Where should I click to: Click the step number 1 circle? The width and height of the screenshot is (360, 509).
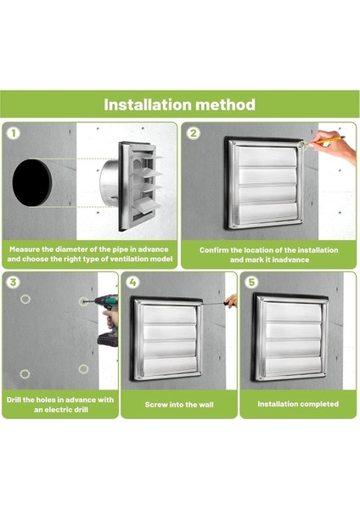point(14,133)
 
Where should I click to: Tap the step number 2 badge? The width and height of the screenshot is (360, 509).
point(194,133)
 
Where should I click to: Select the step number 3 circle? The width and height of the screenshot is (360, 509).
point(14,282)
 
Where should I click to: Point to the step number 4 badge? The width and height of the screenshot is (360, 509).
point(132,282)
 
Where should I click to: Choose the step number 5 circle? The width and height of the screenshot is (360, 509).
point(252,282)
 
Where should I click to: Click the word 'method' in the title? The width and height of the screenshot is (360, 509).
point(226,104)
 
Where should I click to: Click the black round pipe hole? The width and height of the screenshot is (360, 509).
point(32,182)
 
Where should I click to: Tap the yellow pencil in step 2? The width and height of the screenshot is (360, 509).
point(327,140)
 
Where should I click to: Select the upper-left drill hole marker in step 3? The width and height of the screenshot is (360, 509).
point(25,299)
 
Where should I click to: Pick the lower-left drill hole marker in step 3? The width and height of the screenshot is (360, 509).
point(25,374)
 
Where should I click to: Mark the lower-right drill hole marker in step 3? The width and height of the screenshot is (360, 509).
point(83,369)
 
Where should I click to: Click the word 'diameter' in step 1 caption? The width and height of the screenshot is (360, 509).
point(70,249)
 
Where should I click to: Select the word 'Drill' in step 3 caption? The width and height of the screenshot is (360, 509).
point(14,400)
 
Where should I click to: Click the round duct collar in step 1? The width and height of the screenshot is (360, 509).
point(110,182)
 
